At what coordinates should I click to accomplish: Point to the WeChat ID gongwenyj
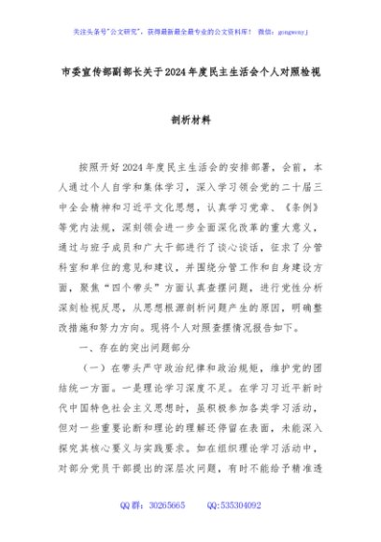(289, 30)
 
